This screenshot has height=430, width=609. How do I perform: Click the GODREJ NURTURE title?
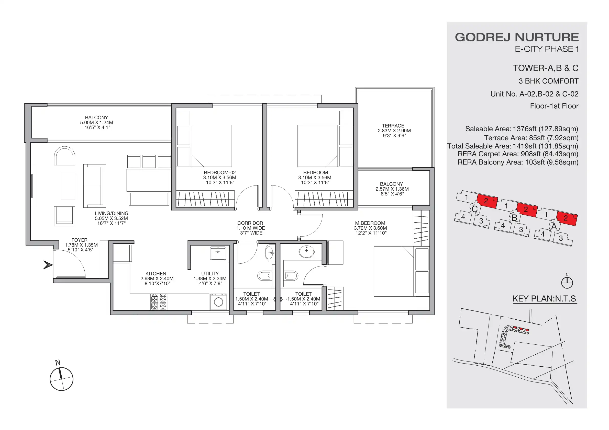(x=516, y=37)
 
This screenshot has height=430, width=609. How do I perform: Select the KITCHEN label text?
(x=156, y=273)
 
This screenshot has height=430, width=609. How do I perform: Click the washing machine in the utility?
(x=219, y=302)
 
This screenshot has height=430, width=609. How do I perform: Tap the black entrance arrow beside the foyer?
(x=48, y=264)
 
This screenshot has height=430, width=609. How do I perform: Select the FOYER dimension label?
(x=81, y=245)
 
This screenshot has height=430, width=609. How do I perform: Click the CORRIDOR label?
(x=250, y=223)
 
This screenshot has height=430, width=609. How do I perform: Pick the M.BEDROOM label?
(x=370, y=223)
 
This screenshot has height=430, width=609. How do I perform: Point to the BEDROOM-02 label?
(x=220, y=172)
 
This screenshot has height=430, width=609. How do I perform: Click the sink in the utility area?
(x=218, y=253)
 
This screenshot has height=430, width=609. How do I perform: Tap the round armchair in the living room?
(x=64, y=156)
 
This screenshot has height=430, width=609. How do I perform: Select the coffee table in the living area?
(x=68, y=185)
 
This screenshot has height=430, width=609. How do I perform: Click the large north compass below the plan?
(x=62, y=379)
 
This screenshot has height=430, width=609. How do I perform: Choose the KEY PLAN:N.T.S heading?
(x=544, y=299)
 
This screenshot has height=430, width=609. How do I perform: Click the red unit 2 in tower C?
(x=486, y=201)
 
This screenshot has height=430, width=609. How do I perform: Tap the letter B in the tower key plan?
(x=514, y=217)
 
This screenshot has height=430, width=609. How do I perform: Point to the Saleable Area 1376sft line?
(x=522, y=129)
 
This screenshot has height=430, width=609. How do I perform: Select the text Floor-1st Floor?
(x=554, y=106)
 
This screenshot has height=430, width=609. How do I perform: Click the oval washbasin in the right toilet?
(x=307, y=251)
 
